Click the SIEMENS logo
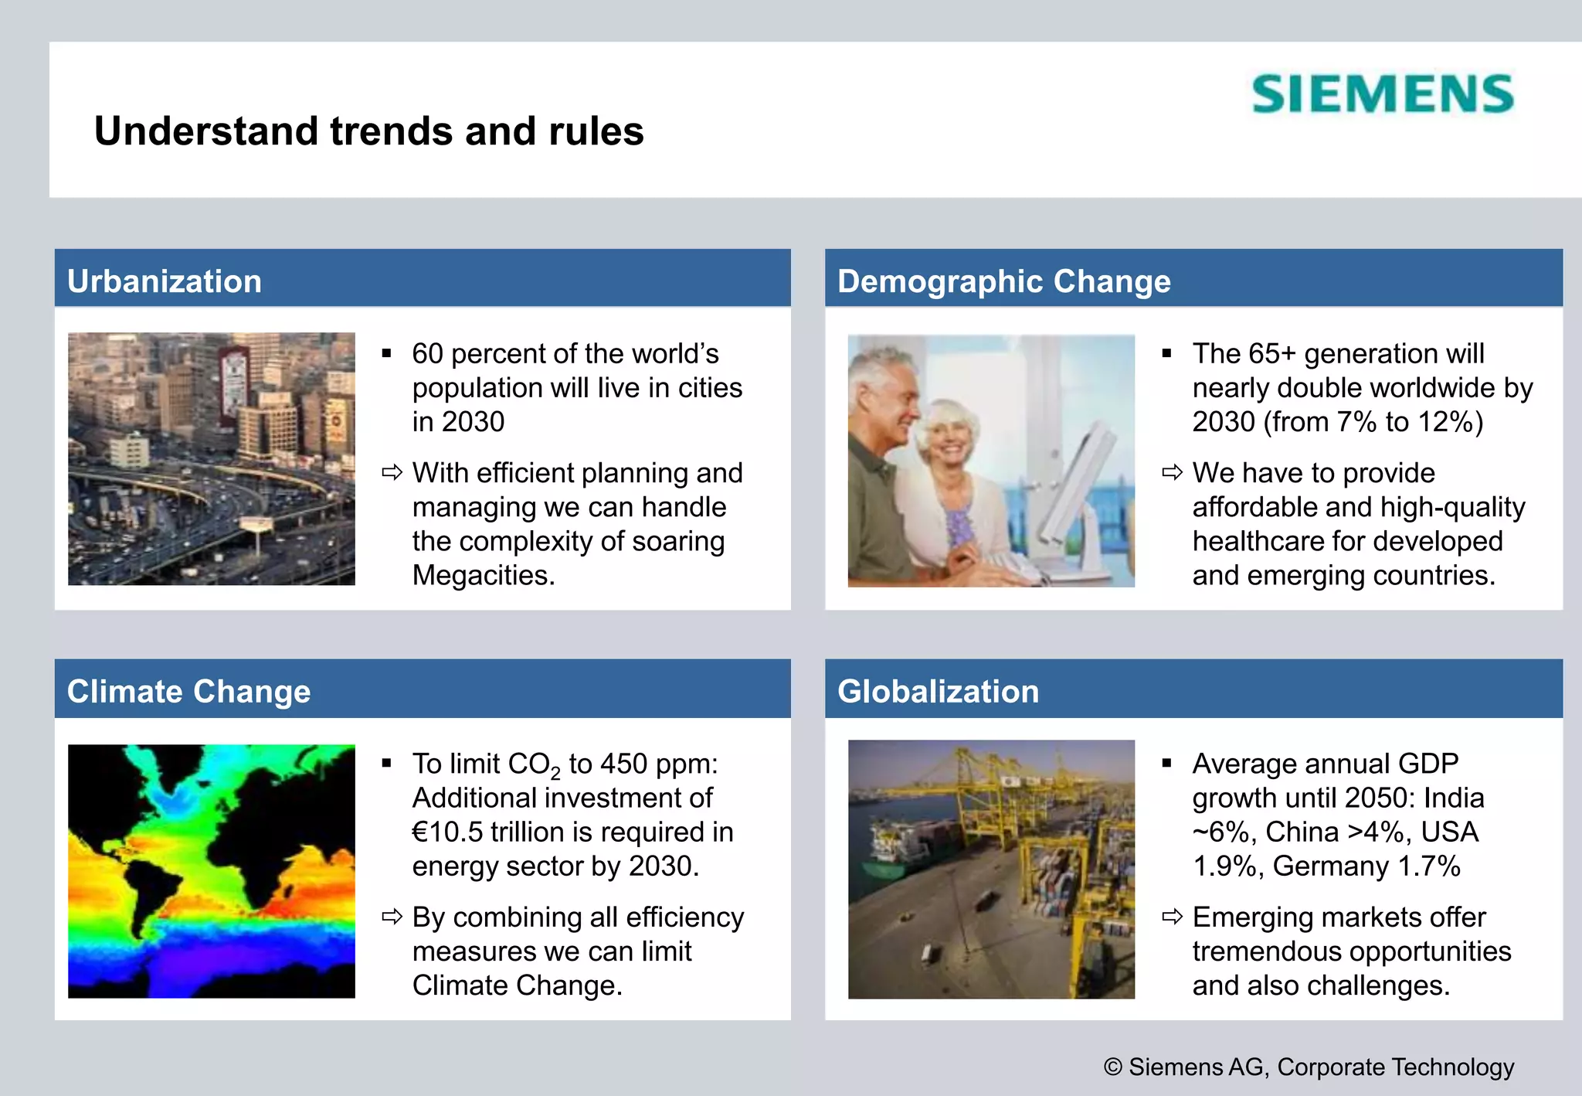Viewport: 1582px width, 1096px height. point(1382,94)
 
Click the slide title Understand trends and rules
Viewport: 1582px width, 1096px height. point(368,131)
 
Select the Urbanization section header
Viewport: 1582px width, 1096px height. point(165,281)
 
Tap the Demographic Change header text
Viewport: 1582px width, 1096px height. point(1003,281)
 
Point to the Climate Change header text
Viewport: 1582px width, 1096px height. point(188,691)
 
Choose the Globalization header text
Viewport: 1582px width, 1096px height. point(938,691)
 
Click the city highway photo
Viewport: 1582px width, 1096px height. point(211,458)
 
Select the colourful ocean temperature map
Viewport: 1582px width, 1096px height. point(211,871)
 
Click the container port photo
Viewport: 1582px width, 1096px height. point(991,869)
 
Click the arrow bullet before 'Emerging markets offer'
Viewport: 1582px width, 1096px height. point(1172,917)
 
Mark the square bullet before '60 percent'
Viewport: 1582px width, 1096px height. point(387,354)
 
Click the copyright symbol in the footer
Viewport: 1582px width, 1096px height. point(1112,1067)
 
